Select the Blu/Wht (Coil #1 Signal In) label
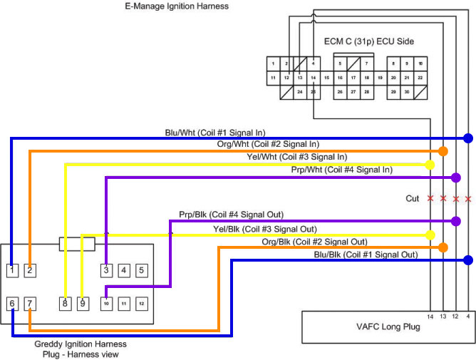click(214, 133)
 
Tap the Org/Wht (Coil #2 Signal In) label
click(268, 145)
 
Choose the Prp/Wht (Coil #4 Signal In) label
click(342, 170)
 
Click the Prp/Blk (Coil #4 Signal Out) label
click(232, 215)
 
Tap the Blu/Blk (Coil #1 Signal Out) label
click(366, 254)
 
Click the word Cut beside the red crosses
click(413, 199)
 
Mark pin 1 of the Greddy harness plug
click(12, 270)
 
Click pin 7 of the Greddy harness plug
click(30, 304)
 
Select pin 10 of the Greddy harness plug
click(105, 304)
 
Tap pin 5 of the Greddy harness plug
click(141, 270)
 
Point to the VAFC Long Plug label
click(388, 327)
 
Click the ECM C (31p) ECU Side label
click(368, 41)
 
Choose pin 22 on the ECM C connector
click(420, 77)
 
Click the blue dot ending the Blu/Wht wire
click(468, 138)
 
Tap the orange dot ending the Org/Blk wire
click(443, 247)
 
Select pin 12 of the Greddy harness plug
click(141, 304)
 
